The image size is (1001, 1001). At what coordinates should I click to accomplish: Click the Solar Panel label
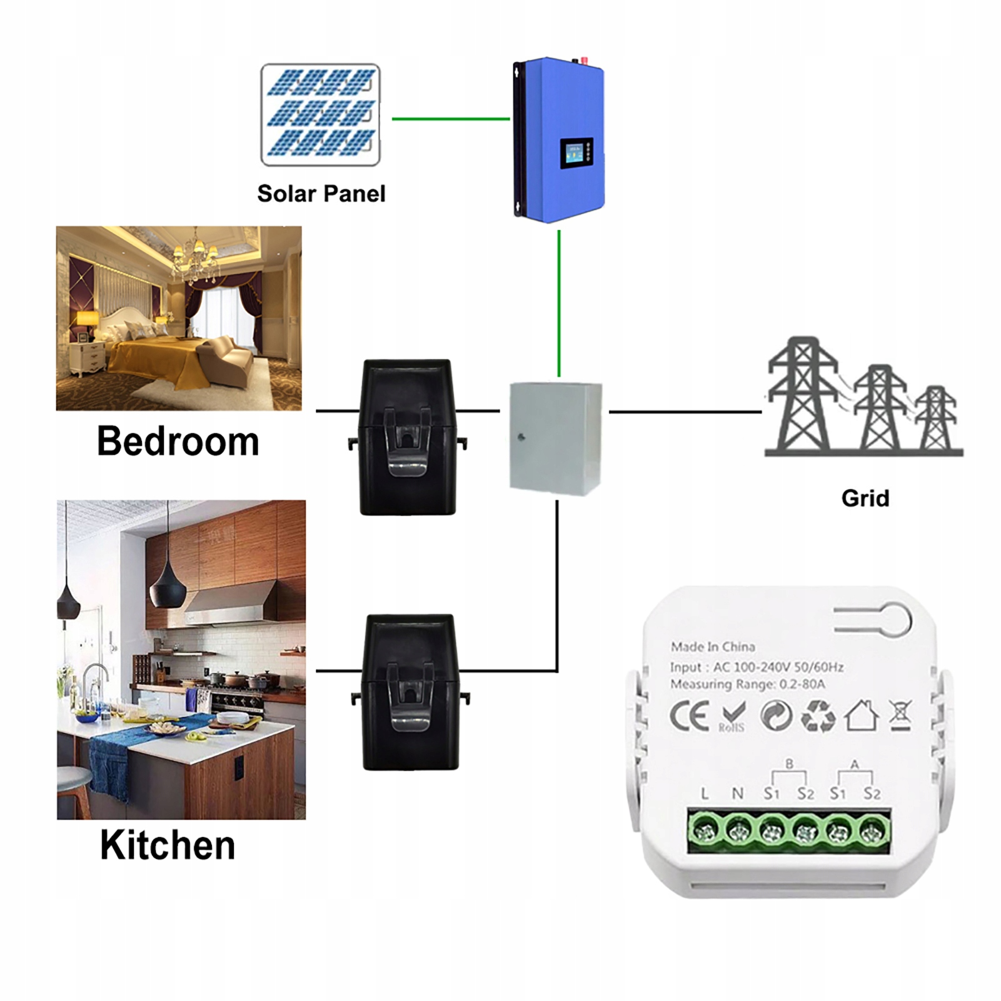[x=321, y=194]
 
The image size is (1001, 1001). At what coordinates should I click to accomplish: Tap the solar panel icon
[x=320, y=114]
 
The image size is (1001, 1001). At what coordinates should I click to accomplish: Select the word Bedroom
[x=178, y=441]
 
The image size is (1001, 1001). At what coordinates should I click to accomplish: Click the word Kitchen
[x=168, y=845]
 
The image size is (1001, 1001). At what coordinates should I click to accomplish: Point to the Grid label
[x=865, y=498]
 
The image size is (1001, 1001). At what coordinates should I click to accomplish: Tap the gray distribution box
[x=556, y=439]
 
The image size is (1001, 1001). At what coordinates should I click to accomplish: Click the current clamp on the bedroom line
[x=408, y=437]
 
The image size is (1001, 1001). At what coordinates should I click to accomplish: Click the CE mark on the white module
[x=690, y=716]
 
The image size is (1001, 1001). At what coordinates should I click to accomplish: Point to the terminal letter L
[x=705, y=794]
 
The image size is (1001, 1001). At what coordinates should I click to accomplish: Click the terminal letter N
[x=738, y=794]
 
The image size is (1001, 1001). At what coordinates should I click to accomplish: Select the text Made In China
[x=713, y=647]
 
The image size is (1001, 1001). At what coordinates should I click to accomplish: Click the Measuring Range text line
[x=748, y=685]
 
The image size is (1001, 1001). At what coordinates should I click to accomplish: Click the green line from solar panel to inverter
[x=451, y=119]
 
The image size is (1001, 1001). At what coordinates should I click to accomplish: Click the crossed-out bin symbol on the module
[x=901, y=716]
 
